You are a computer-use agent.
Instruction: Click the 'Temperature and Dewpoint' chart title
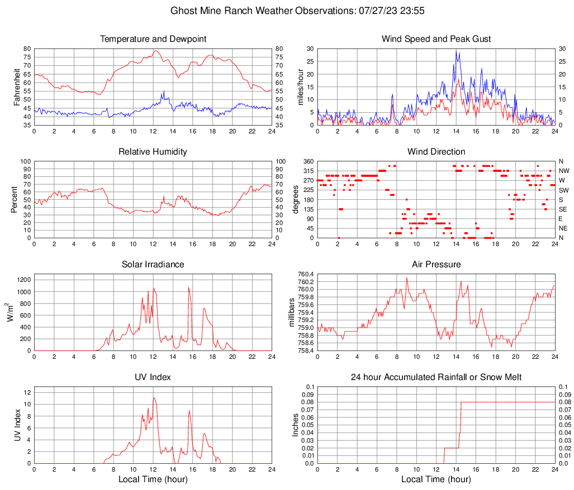pyautogui.click(x=153, y=39)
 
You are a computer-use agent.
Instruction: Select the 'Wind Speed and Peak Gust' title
pyautogui.click(x=436, y=39)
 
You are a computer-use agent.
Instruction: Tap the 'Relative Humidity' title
pyautogui.click(x=153, y=152)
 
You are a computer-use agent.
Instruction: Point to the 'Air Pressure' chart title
pyautogui.click(x=436, y=265)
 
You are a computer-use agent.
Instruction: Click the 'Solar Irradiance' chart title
pyautogui.click(x=153, y=265)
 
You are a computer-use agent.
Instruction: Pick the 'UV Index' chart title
pyautogui.click(x=153, y=377)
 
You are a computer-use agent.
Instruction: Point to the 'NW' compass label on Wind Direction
pyautogui.click(x=564, y=171)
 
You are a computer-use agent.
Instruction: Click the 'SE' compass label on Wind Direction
pyautogui.click(x=563, y=209)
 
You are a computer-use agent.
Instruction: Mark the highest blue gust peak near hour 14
pyautogui.click(x=456, y=51)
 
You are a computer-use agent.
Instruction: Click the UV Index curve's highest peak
pyautogui.click(x=154, y=398)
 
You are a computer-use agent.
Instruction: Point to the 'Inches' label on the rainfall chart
pyautogui.click(x=297, y=425)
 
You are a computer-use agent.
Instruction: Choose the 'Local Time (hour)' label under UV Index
pyautogui.click(x=153, y=479)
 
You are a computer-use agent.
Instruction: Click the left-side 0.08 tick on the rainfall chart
pyautogui.click(x=307, y=402)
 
